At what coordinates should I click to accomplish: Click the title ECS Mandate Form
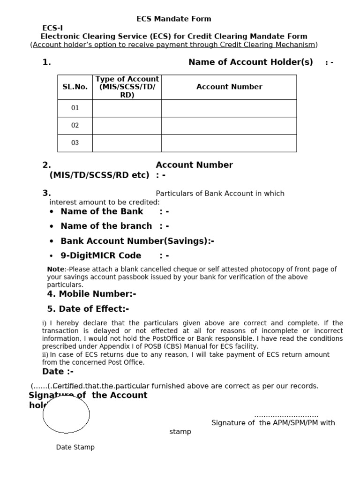click(173, 19)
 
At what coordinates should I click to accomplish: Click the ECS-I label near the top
click(52, 28)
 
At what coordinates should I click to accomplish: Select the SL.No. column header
click(75, 87)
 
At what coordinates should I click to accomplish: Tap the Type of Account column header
click(127, 87)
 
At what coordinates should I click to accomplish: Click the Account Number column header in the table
click(229, 87)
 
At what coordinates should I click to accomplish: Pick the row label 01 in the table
click(75, 108)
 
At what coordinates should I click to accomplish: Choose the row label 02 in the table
click(75, 125)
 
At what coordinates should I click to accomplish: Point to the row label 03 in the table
click(75, 143)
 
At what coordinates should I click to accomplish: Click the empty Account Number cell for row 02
click(229, 125)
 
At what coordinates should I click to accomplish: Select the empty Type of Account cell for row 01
click(127, 108)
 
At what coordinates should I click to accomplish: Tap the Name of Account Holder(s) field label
click(250, 62)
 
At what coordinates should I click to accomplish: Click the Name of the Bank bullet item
click(102, 211)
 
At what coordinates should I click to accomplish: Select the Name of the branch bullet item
click(106, 226)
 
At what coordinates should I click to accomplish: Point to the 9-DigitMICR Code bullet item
click(101, 255)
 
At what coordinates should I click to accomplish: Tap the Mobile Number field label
click(91, 294)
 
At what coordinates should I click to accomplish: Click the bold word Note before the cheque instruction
click(55, 269)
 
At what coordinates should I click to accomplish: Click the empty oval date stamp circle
click(66, 414)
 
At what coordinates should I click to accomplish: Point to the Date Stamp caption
click(75, 447)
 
